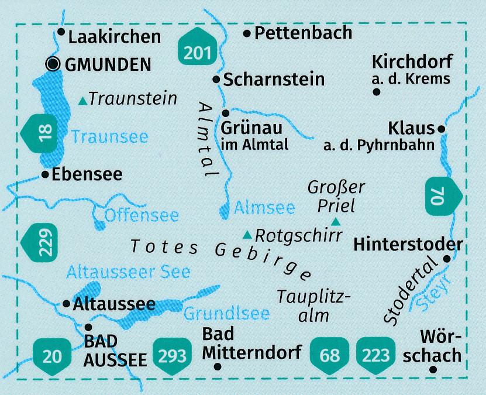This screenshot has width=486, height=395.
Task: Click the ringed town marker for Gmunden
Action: (x=54, y=64)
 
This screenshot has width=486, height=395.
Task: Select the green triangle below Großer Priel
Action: (x=336, y=221)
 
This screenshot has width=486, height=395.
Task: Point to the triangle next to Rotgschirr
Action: (x=248, y=235)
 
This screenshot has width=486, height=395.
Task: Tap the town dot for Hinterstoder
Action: (x=447, y=259)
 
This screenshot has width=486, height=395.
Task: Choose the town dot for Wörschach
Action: (x=433, y=369)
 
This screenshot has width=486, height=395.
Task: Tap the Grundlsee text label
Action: (x=226, y=314)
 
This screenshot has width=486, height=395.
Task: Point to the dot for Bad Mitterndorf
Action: (x=218, y=367)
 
